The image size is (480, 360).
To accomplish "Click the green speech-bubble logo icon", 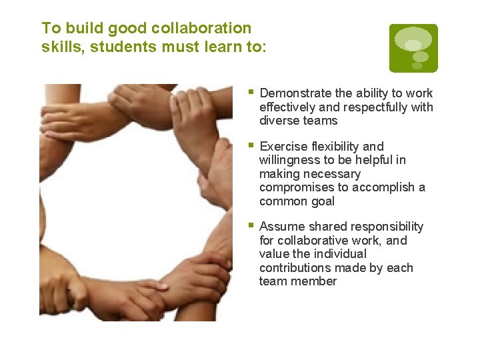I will click(x=413, y=48).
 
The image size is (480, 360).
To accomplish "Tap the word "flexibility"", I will click(x=337, y=147).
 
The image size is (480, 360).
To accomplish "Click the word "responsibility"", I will click(x=383, y=227).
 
